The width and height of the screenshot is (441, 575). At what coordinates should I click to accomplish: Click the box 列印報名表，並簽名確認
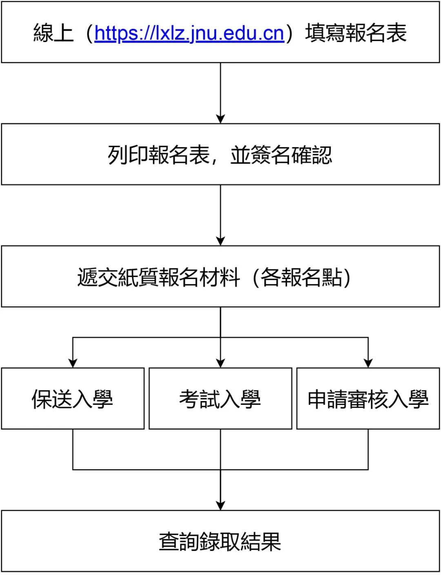pyautogui.click(x=220, y=155)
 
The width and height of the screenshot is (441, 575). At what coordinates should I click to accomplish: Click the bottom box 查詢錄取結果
pyautogui.click(x=220, y=542)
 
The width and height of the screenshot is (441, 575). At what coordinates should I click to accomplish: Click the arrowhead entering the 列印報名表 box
pyautogui.click(x=220, y=118)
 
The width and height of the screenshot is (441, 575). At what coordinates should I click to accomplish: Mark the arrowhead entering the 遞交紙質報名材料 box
pyautogui.click(x=220, y=241)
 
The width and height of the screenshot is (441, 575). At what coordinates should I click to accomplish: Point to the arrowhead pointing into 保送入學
pyautogui.click(x=73, y=363)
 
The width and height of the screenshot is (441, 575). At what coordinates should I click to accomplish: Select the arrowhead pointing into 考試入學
pyautogui.click(x=220, y=363)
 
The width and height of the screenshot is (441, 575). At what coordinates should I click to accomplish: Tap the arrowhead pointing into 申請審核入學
pyautogui.click(x=368, y=363)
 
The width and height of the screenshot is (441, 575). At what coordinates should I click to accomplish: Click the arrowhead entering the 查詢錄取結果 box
pyautogui.click(x=220, y=505)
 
